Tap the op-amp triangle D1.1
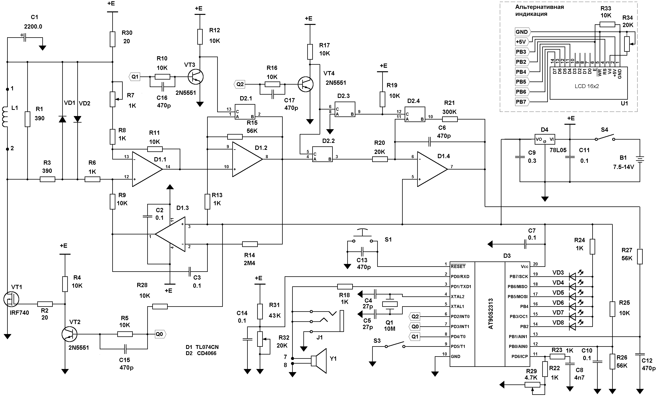147,169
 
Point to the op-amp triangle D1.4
432,169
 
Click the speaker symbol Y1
319,361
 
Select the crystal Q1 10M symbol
390,304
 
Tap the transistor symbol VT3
196,77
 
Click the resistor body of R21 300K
450,119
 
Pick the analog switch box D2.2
323,154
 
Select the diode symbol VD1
62,119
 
